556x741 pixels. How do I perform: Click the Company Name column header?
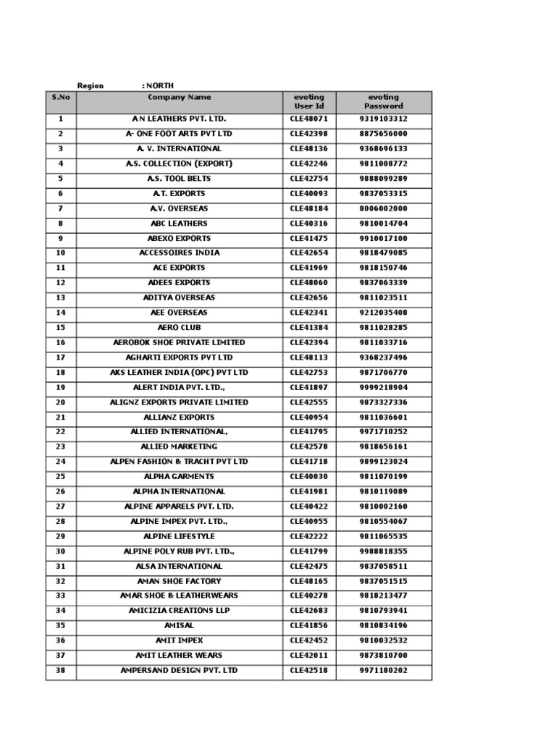pyautogui.click(x=180, y=97)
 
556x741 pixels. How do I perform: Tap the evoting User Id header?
pyautogui.click(x=309, y=101)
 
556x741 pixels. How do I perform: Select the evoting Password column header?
pyautogui.click(x=383, y=101)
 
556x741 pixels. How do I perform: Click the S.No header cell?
pyautogui.click(x=61, y=97)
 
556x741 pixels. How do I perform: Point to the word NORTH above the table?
pyautogui.click(x=160, y=85)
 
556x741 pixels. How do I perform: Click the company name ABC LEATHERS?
pyautogui.click(x=179, y=224)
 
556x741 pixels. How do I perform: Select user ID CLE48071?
pyautogui.click(x=309, y=119)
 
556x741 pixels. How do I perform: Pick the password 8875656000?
pyautogui.click(x=383, y=134)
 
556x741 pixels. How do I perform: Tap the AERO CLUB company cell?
pyautogui.click(x=179, y=328)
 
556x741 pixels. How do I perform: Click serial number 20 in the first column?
pyautogui.click(x=61, y=402)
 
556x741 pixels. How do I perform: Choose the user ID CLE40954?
pyautogui.click(x=309, y=418)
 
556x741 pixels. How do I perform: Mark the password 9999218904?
pyautogui.click(x=383, y=387)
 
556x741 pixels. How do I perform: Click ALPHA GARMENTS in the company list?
pyautogui.click(x=179, y=477)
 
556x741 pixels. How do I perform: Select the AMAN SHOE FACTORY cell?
pyautogui.click(x=179, y=581)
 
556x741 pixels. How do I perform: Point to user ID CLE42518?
pyautogui.click(x=309, y=671)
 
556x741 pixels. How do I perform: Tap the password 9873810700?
pyautogui.click(x=383, y=656)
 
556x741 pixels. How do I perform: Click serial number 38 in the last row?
pyautogui.click(x=61, y=671)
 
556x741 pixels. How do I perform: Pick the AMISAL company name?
pyautogui.click(x=179, y=626)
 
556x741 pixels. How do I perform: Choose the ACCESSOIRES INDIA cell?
pyautogui.click(x=179, y=253)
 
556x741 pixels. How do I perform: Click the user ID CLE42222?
pyautogui.click(x=309, y=536)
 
